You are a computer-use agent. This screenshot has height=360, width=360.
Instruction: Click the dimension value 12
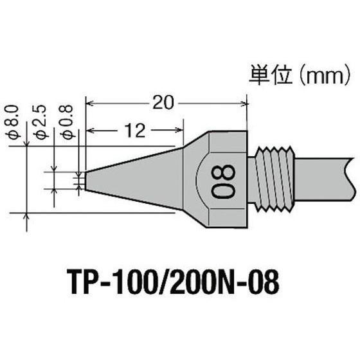pos(134,130)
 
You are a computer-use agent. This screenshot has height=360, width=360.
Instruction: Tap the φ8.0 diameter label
pos(17,122)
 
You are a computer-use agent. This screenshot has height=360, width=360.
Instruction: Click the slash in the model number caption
pos(175,280)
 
